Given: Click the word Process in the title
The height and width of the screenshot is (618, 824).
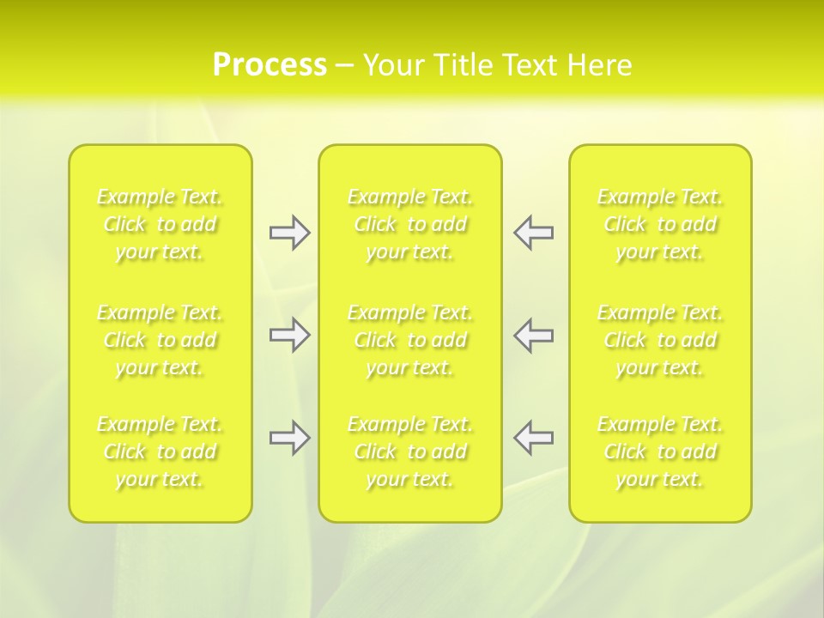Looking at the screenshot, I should click(x=270, y=65).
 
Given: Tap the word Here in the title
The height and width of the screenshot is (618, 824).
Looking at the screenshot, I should click(x=600, y=65).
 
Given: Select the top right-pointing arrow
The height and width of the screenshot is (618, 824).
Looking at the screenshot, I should click(x=289, y=233).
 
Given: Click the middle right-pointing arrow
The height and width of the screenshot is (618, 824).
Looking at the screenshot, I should click(x=289, y=335).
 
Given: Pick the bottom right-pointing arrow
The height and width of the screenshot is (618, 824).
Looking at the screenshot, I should click(x=289, y=438).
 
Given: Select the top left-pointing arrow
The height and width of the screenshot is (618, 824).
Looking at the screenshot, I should click(x=534, y=233).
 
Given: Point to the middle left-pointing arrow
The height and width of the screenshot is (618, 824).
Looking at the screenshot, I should click(x=534, y=335).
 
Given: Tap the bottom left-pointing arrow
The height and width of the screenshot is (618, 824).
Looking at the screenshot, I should click(x=534, y=438).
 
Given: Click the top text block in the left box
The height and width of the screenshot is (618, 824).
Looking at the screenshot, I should click(x=160, y=224).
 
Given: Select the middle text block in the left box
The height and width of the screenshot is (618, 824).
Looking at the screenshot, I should click(x=160, y=340).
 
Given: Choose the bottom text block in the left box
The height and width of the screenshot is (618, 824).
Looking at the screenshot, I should click(x=160, y=451).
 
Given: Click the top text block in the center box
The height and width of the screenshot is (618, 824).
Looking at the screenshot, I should click(x=410, y=224).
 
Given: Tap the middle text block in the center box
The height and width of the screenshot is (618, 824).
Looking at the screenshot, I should click(x=410, y=340).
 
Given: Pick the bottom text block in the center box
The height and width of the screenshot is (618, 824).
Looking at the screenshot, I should click(x=410, y=451).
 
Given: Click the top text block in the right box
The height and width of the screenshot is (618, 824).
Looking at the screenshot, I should click(x=660, y=224).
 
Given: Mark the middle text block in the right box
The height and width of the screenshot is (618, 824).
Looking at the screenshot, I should click(x=660, y=340).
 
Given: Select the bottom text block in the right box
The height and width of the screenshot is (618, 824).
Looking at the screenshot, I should click(x=660, y=451).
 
